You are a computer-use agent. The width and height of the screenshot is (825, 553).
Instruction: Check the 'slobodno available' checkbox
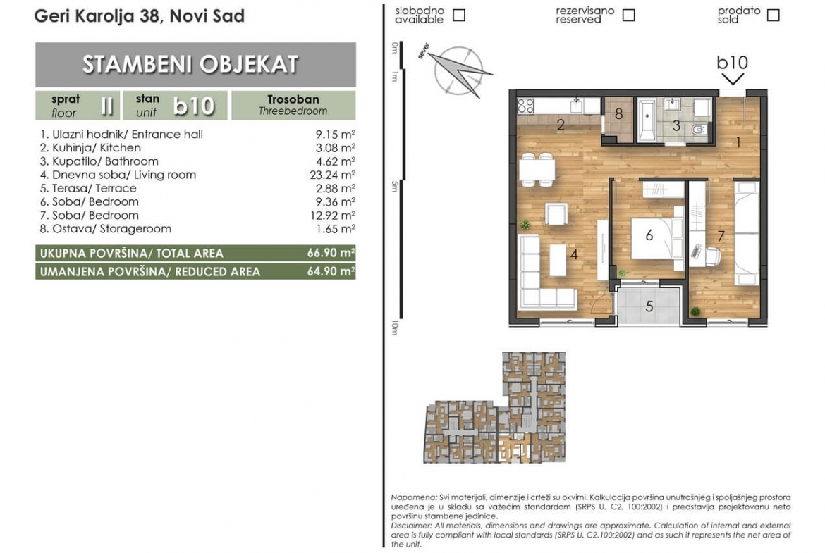click(x=459, y=15)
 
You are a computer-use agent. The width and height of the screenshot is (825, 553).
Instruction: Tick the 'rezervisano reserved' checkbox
click(x=628, y=15)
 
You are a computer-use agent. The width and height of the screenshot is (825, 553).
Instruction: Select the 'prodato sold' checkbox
click(x=773, y=15)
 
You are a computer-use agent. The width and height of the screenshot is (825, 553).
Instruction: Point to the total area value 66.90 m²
click(x=331, y=253)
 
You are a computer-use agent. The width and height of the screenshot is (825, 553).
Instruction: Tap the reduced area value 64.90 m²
click(x=331, y=271)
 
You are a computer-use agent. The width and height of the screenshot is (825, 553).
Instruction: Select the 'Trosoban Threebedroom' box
click(x=293, y=105)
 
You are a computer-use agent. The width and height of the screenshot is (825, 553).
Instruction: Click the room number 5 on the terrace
click(x=649, y=306)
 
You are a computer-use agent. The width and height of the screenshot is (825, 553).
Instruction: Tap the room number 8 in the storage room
click(x=619, y=113)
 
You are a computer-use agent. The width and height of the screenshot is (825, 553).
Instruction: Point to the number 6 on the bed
click(x=649, y=235)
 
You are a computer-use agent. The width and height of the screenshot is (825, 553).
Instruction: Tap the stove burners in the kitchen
click(x=525, y=106)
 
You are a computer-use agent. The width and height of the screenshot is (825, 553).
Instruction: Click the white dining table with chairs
click(x=537, y=170)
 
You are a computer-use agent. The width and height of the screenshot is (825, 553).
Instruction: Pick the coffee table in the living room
click(x=558, y=260)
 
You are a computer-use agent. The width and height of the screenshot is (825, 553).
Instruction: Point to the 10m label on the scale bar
click(x=395, y=328)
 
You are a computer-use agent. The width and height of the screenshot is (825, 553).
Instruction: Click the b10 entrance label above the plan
click(x=732, y=63)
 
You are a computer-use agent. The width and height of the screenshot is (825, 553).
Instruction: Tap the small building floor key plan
click(x=495, y=408)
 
